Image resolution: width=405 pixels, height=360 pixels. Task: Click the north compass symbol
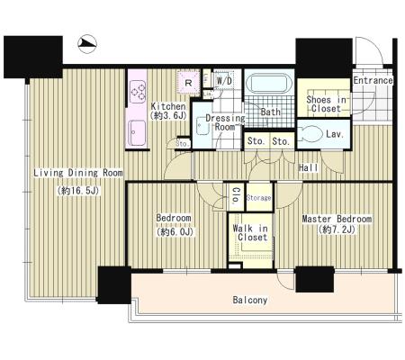click(87, 44)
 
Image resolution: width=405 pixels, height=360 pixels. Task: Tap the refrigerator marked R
click(188, 82)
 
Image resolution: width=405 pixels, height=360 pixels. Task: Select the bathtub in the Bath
click(269, 83)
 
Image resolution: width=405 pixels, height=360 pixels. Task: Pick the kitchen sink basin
click(137, 132)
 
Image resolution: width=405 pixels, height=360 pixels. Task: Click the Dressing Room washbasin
click(202, 126)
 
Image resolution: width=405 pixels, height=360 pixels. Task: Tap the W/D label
click(224, 80)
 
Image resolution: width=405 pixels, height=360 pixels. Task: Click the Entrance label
click(373, 80)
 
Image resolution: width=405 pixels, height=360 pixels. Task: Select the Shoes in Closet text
click(326, 103)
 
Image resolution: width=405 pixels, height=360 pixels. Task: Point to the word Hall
click(309, 167)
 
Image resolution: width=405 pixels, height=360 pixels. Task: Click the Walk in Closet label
click(250, 233)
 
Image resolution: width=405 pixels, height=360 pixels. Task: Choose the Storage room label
click(258, 198)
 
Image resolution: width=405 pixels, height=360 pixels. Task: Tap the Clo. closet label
click(236, 195)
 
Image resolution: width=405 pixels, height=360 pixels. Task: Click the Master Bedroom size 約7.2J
click(337, 229)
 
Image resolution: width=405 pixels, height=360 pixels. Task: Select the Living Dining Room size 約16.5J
click(78, 191)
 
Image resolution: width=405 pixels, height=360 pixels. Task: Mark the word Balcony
click(250, 300)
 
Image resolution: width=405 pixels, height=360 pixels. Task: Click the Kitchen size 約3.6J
click(168, 115)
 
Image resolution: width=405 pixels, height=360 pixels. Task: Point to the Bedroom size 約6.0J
click(175, 231)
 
